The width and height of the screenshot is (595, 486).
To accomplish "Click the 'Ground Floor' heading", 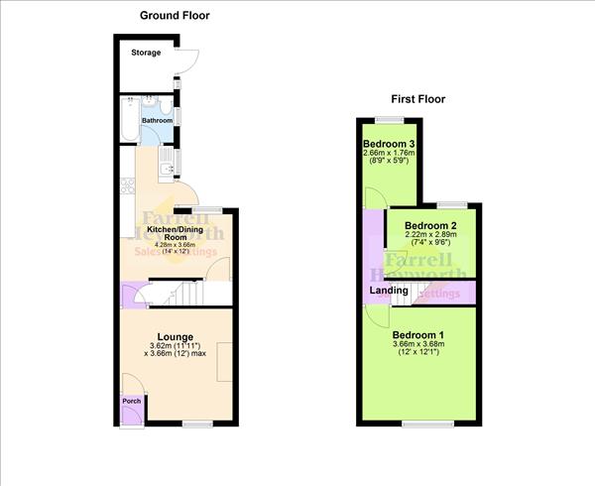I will point(175,16).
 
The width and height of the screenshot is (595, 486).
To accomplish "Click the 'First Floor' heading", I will point(416,99).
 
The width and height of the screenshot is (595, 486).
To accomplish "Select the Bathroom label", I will point(156,120).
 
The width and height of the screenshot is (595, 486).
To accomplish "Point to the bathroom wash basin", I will point(148,100).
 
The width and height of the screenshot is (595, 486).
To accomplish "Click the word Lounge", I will point(176,336).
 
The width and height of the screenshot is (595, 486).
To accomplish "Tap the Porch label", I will point(131,401).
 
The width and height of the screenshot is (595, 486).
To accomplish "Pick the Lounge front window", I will point(197,424).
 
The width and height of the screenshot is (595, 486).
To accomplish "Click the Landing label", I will point(389,291).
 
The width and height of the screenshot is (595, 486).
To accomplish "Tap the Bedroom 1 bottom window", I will point(419,424).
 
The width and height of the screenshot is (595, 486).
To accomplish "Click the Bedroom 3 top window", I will point(390,119).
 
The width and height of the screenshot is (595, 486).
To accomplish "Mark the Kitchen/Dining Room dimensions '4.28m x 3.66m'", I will point(178,245).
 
